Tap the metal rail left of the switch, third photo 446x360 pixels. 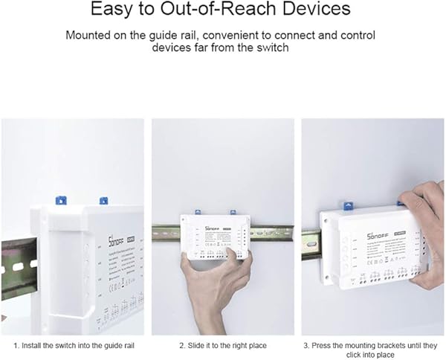[310, 245]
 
